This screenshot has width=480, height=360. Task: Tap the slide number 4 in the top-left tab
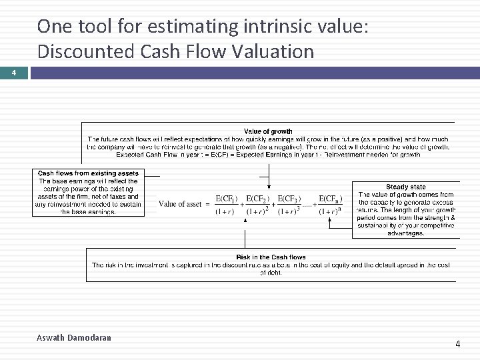pyautogui.click(x=13, y=73)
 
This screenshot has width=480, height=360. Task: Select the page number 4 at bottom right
pyautogui.click(x=457, y=344)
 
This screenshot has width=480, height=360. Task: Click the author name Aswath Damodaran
pyautogui.click(x=73, y=338)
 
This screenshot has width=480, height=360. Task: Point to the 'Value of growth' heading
pyautogui.click(x=268, y=131)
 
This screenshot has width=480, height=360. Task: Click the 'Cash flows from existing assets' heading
pyautogui.click(x=88, y=173)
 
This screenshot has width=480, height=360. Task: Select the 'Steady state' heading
pyautogui.click(x=405, y=187)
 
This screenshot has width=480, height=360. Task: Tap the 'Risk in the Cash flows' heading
pyautogui.click(x=271, y=257)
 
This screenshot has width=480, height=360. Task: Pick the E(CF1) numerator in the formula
pyautogui.click(x=227, y=199)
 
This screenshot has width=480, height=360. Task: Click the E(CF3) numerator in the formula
pyautogui.click(x=289, y=199)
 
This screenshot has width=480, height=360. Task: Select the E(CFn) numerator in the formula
pyautogui.click(x=331, y=199)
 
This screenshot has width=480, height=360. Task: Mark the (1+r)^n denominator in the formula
pyautogui.click(x=331, y=211)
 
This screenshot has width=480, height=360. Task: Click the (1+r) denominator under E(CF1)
pyautogui.click(x=225, y=211)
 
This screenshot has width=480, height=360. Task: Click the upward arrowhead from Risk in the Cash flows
pyautogui.click(x=246, y=232)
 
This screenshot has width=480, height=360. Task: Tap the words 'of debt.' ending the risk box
pyautogui.click(x=271, y=273)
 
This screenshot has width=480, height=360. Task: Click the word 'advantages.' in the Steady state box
pyautogui.click(x=405, y=233)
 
